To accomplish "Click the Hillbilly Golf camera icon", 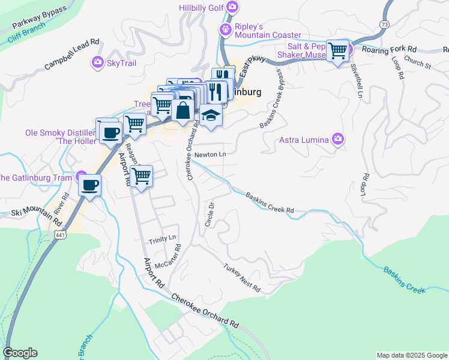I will (232, 8).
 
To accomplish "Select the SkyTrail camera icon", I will (97, 62).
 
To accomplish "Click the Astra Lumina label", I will (304, 140).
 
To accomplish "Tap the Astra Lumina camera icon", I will (338, 140).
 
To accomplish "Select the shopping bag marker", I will (183, 110).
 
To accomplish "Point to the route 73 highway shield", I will (384, 23).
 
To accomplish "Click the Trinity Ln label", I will (163, 238).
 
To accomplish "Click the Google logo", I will (20, 353).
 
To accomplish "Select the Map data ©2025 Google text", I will (411, 355).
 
